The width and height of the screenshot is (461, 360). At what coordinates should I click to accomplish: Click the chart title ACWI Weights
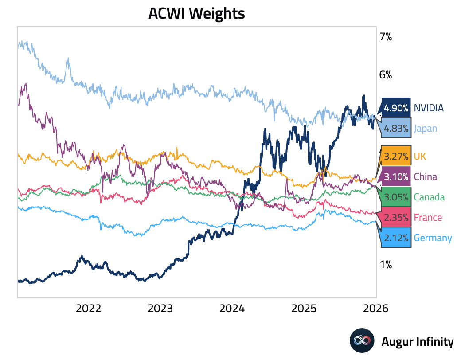[x=196, y=13]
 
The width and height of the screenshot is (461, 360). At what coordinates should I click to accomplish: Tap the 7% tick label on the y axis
[x=385, y=37]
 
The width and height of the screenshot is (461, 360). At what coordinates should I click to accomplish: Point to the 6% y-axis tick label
[x=385, y=74]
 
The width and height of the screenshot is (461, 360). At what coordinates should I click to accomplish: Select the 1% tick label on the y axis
[x=385, y=265]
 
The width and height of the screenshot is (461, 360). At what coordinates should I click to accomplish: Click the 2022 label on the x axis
[x=89, y=308]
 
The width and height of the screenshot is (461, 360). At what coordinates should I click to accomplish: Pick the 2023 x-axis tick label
[x=160, y=308]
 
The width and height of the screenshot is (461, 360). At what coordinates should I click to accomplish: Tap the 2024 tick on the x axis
[x=232, y=308]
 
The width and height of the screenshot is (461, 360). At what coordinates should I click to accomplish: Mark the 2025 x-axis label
[x=305, y=308]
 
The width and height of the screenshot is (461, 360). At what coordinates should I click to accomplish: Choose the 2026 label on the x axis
[x=376, y=308]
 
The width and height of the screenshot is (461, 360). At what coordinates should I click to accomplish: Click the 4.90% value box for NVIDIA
[x=396, y=108]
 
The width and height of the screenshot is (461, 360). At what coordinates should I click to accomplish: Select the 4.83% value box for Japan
[x=396, y=129]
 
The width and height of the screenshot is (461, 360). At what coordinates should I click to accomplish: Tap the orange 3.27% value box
[x=396, y=156]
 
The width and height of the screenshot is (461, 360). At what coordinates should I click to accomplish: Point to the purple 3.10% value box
[x=396, y=176]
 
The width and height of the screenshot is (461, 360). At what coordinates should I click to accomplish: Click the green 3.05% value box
[x=396, y=197]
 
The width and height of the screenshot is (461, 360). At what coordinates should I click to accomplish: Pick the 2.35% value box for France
[x=396, y=217]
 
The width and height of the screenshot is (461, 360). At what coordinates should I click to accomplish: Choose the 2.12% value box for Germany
[x=396, y=238]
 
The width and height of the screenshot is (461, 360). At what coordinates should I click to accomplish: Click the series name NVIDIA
[x=429, y=108]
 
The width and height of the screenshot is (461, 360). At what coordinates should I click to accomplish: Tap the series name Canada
[x=429, y=197]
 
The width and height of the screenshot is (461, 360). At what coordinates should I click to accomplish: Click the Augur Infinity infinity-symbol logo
[x=362, y=341]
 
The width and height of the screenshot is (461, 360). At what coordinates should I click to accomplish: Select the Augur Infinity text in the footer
[x=418, y=341]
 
